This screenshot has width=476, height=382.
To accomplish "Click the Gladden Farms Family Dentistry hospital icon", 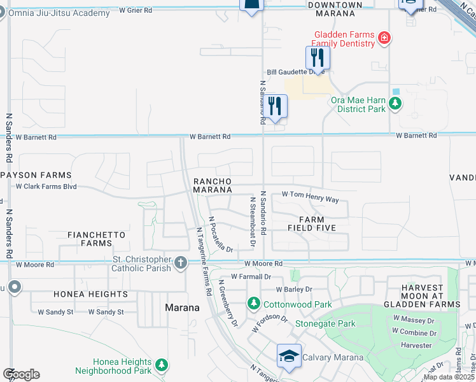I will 384,38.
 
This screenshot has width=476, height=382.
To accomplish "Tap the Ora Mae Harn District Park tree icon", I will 396,103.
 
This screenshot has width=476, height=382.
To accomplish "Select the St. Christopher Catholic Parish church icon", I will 181,262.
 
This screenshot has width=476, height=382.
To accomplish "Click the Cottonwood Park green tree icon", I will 254,303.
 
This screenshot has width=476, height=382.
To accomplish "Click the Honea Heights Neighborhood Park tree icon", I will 162,365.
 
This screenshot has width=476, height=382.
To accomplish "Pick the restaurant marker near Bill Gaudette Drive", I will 317,58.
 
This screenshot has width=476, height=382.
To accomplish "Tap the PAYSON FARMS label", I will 36,175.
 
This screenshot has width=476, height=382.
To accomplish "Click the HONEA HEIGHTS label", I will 90,294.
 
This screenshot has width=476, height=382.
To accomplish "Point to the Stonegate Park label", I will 325,323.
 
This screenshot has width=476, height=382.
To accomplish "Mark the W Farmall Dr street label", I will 251,277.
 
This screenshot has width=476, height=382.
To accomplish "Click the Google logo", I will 21,374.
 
